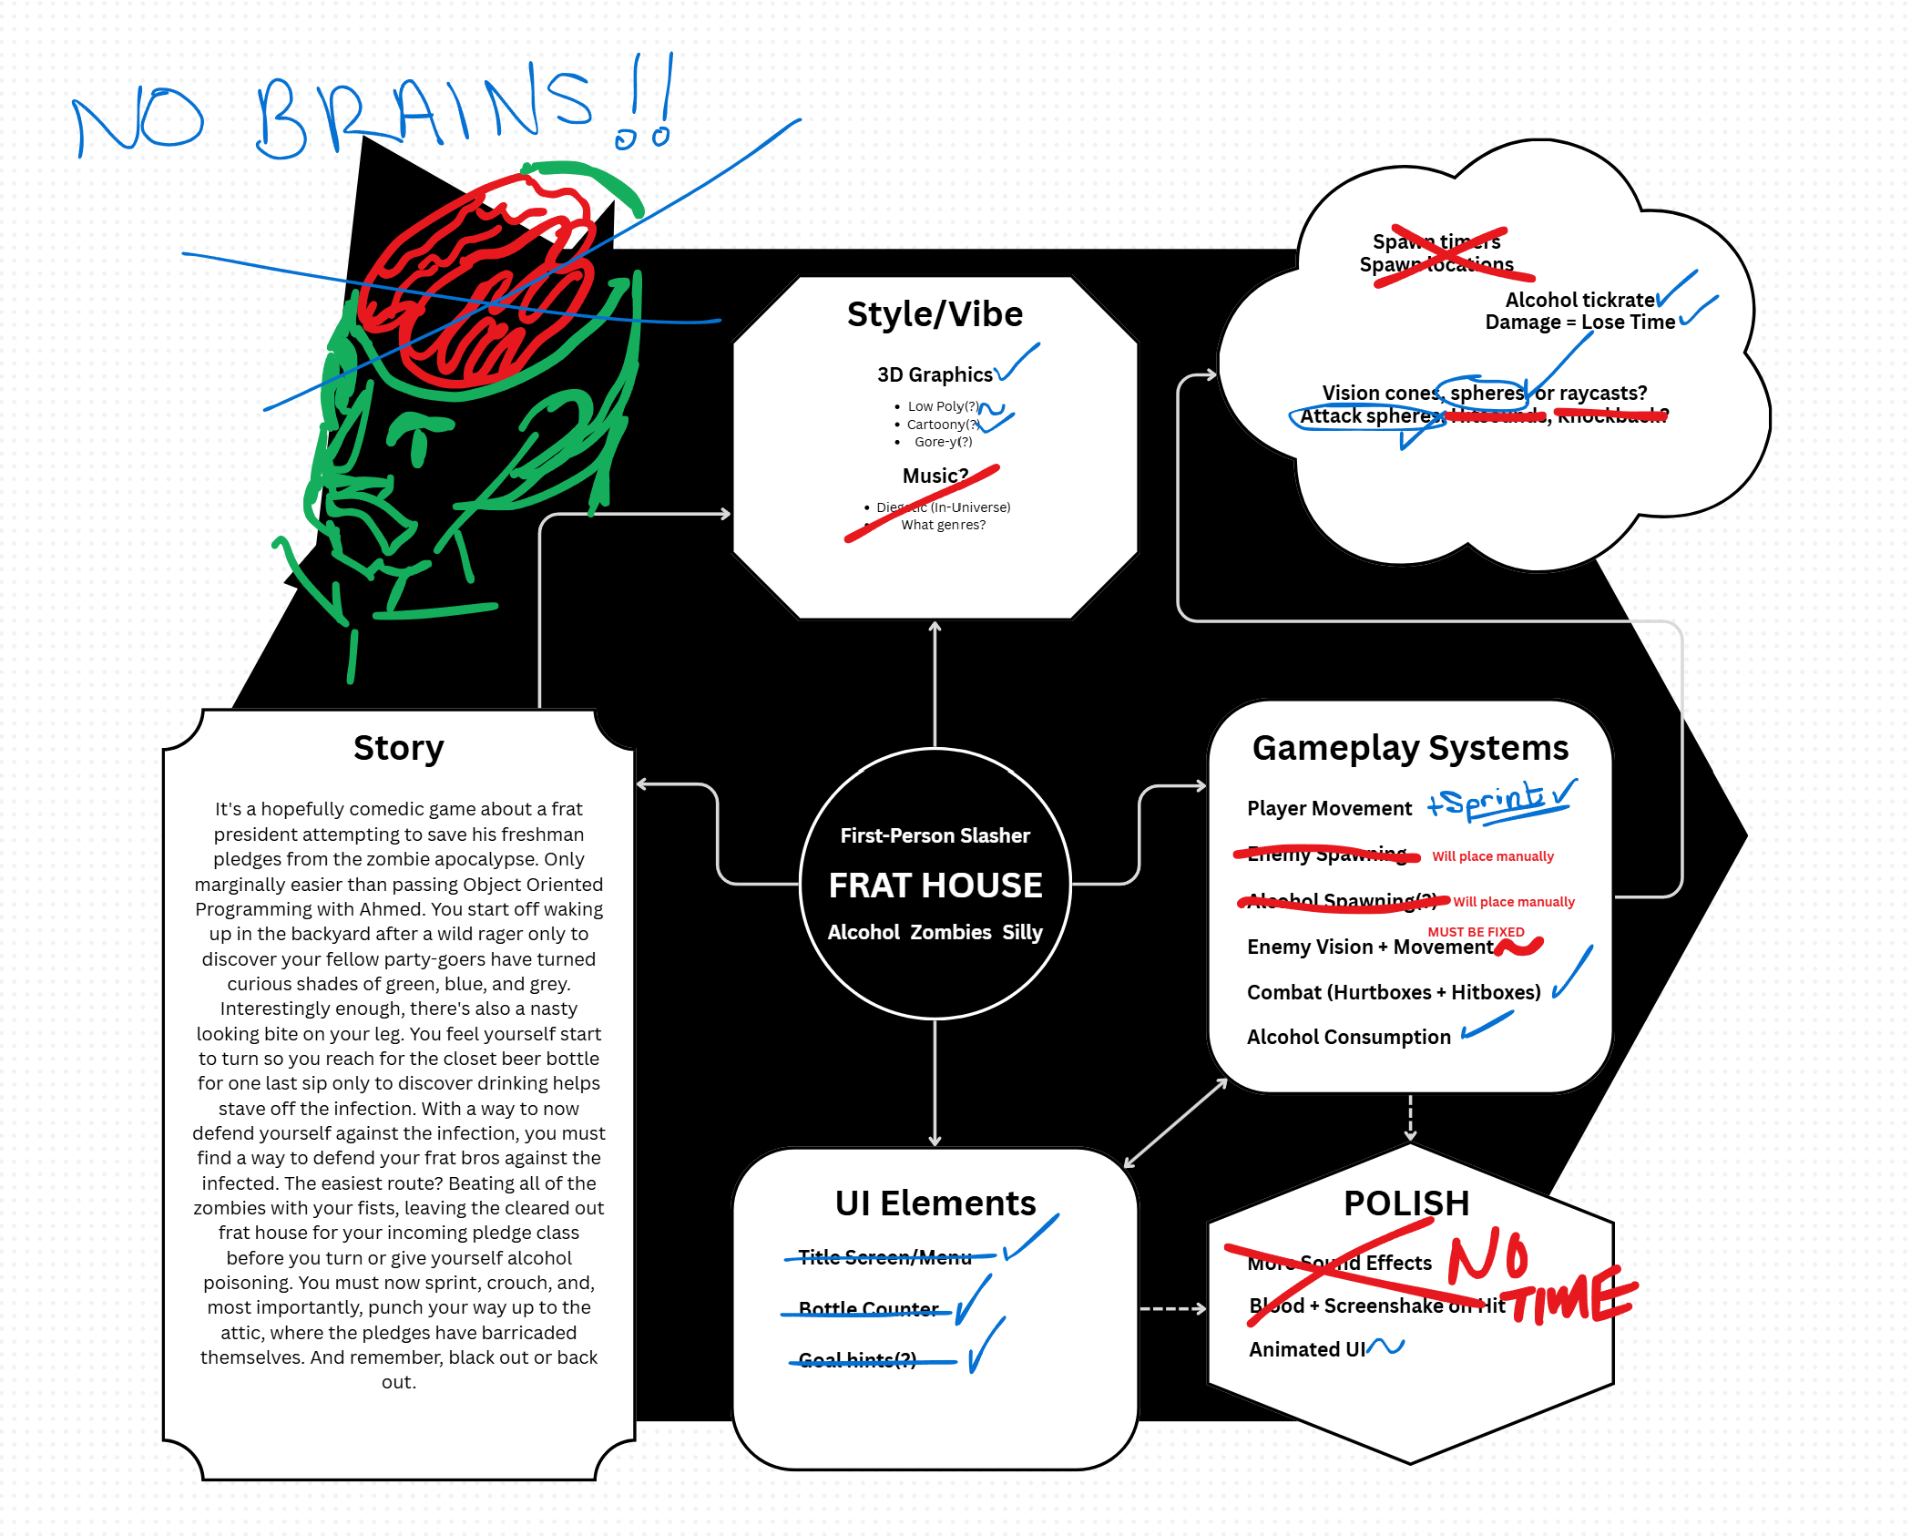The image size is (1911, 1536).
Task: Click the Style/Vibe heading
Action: [x=935, y=314]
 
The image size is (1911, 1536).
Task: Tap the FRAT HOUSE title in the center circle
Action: [x=935, y=886]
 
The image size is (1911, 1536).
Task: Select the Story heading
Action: [x=398, y=748]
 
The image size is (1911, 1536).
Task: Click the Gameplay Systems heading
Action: [x=1410, y=748]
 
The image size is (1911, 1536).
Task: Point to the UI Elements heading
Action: [x=935, y=1203]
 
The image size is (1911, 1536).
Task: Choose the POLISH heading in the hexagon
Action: [x=1406, y=1203]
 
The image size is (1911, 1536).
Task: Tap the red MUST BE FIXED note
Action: [x=1476, y=932]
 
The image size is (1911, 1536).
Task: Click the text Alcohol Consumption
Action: [x=1348, y=1037]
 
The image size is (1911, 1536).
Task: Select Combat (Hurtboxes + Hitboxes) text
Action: [x=1394, y=992]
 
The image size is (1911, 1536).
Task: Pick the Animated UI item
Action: [x=1306, y=1349]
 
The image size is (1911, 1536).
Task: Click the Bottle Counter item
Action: [x=868, y=1309]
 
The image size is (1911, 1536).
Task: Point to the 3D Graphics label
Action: [x=935, y=374]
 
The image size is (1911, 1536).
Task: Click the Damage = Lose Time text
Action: [x=1579, y=323]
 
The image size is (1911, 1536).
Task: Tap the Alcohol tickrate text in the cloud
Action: [x=1579, y=300]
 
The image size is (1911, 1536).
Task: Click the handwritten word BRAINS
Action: [x=424, y=114]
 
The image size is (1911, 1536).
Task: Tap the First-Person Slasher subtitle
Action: [x=935, y=835]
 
